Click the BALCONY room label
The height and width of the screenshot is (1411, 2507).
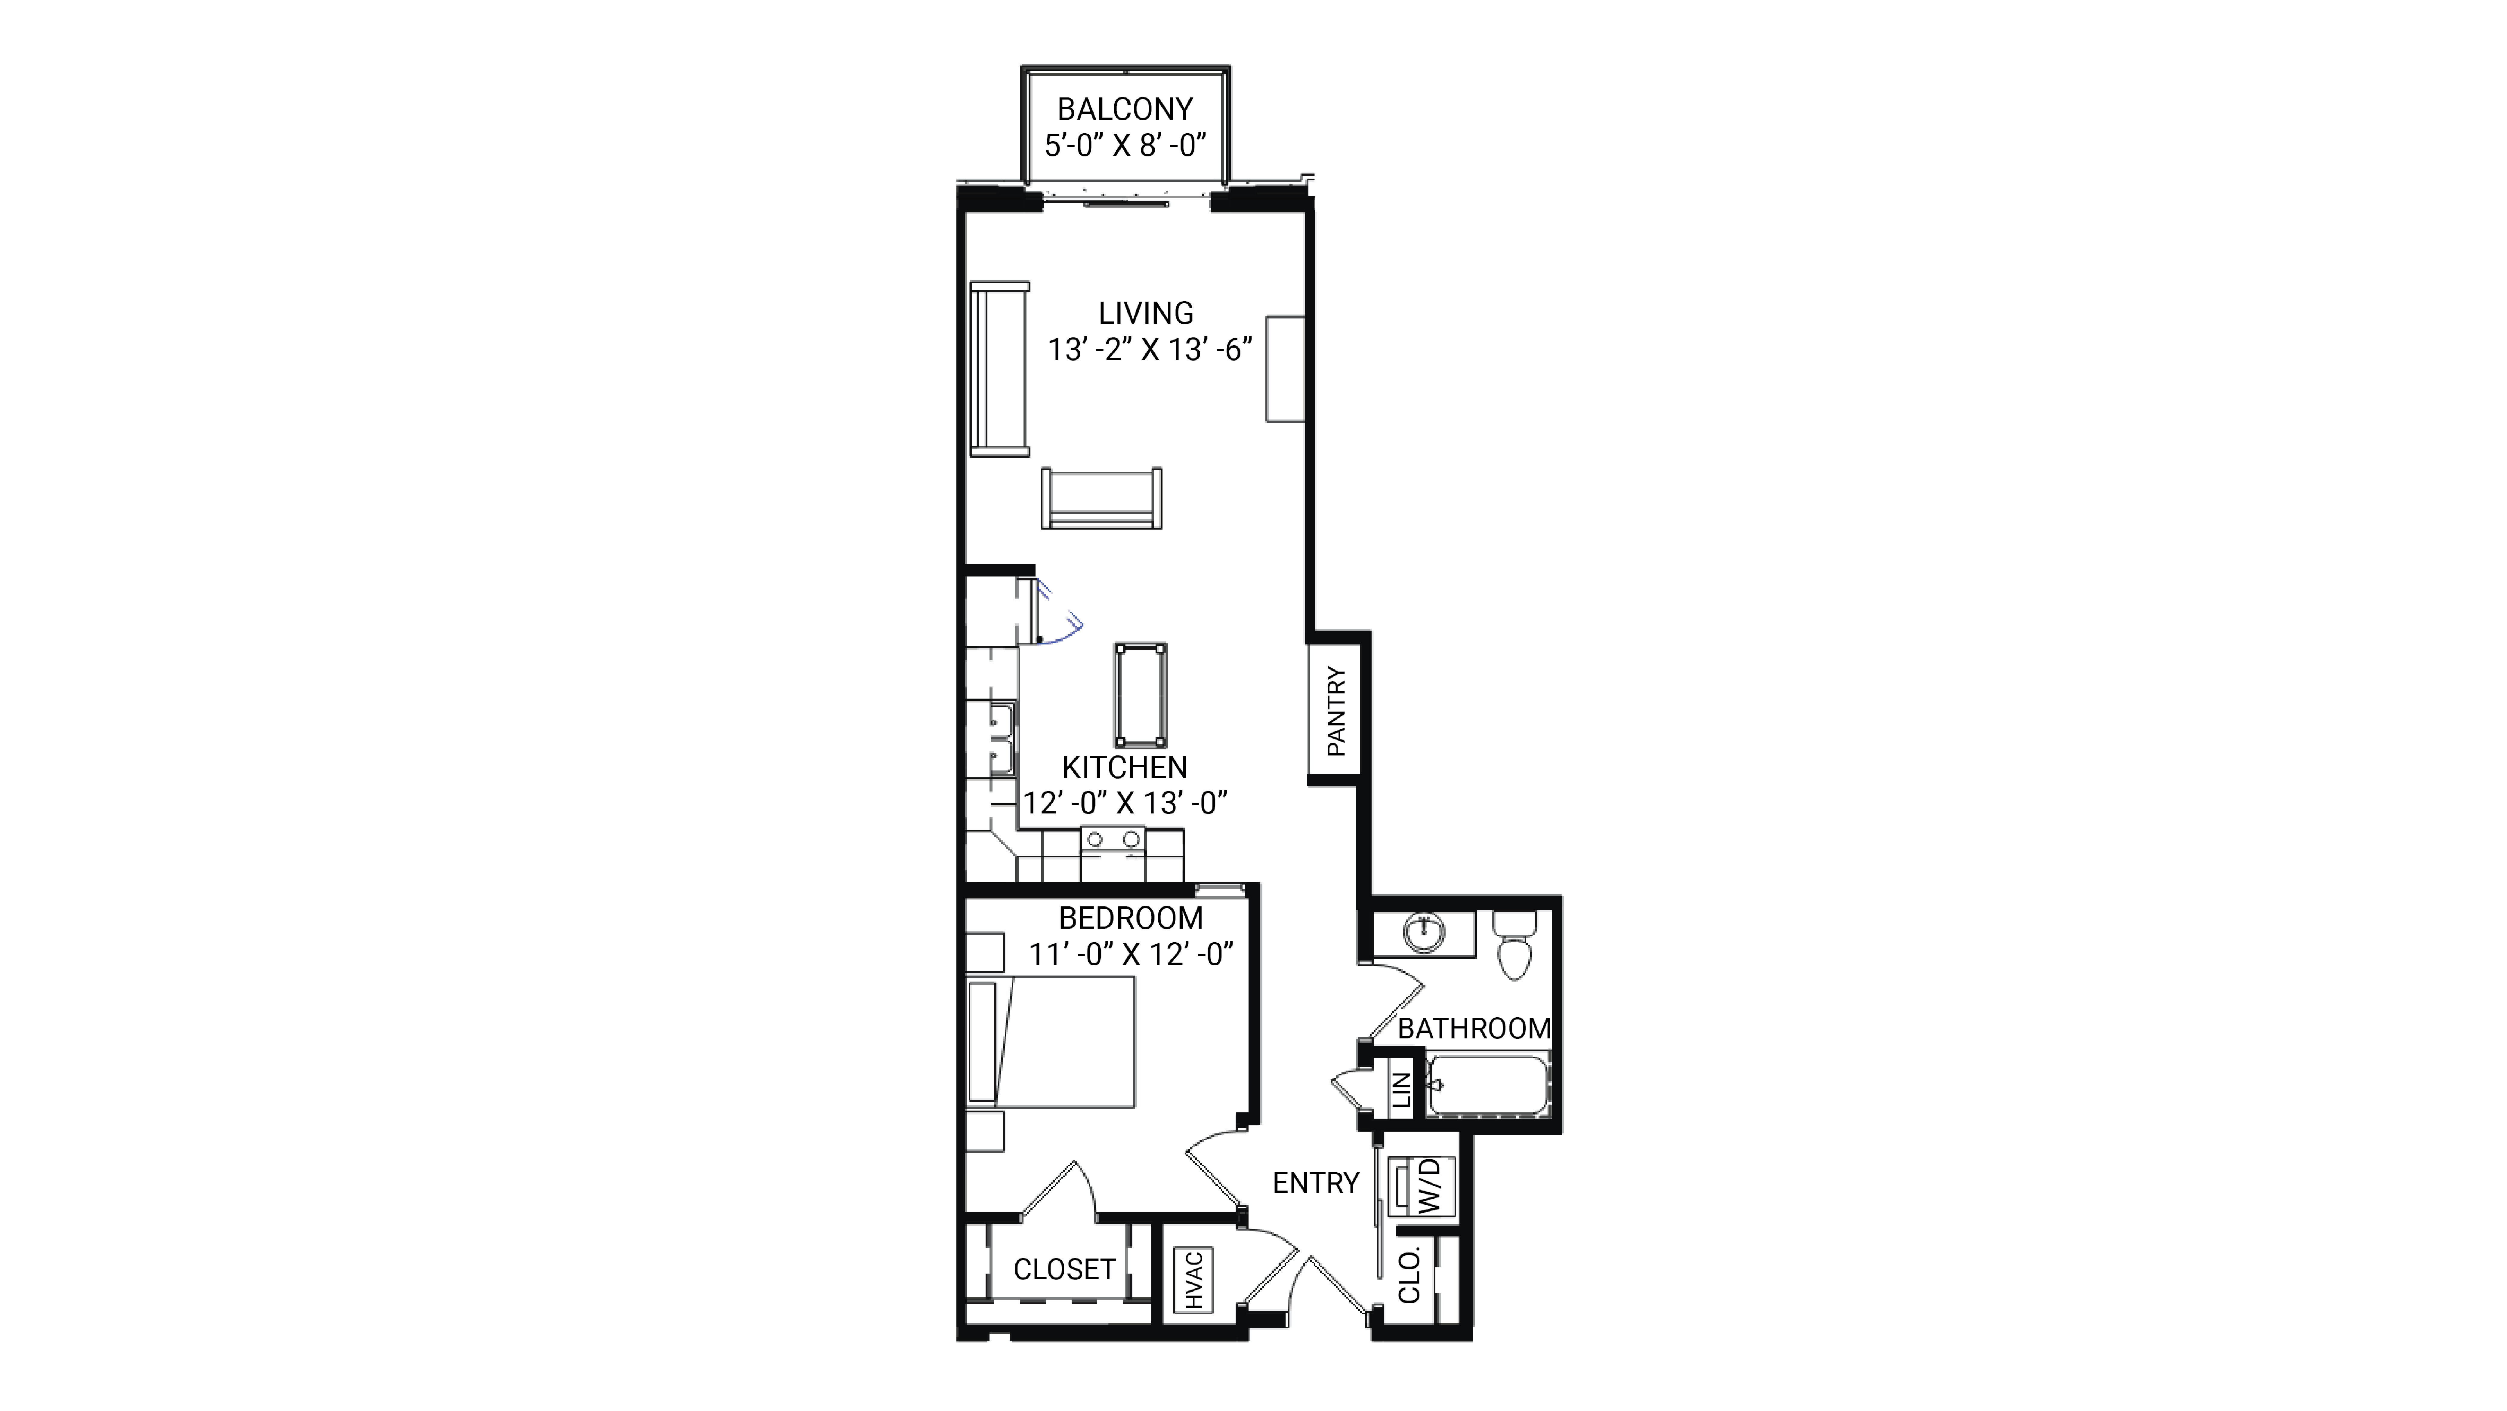[1125, 108]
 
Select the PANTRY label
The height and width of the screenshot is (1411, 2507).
[1336, 710]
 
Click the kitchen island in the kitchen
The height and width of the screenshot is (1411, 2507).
[1141, 695]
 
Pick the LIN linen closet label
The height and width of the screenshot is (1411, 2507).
[1401, 1090]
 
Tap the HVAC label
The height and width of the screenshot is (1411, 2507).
[1194, 1280]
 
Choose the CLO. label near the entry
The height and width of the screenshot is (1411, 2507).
[1409, 1275]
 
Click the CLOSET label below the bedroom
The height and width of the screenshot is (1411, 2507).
[1064, 1269]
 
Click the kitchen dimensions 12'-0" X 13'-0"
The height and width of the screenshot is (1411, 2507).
[1124, 803]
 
